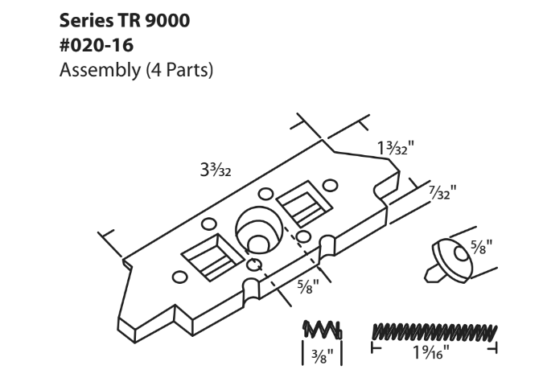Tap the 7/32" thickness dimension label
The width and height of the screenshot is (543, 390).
(x=440, y=193)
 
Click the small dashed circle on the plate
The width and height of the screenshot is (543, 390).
(x=254, y=266)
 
